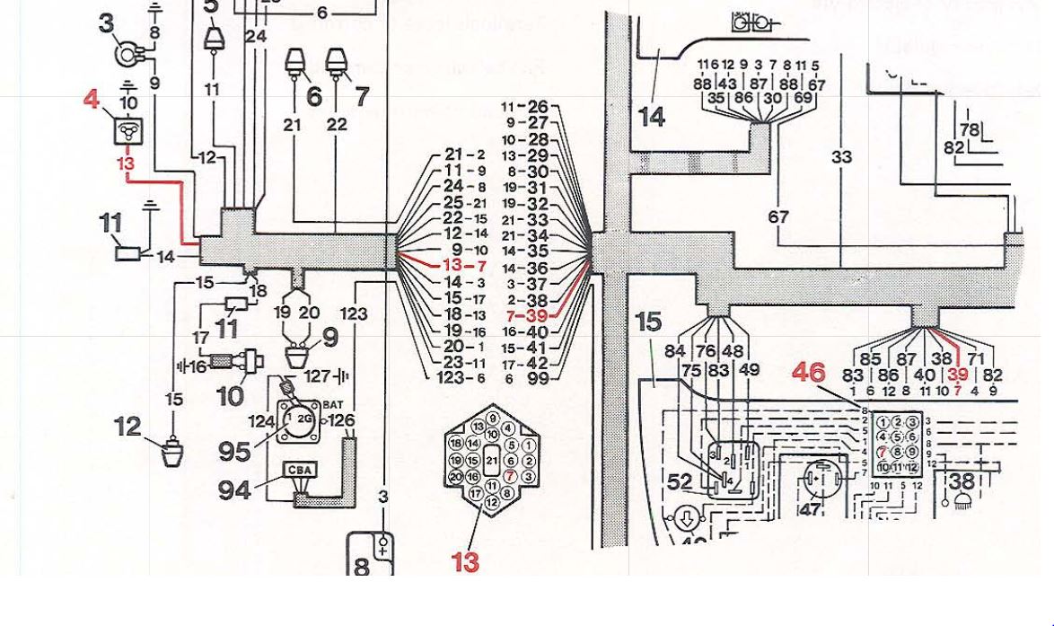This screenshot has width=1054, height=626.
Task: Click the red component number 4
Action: point(92,99)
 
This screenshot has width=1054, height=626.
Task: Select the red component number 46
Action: point(809,372)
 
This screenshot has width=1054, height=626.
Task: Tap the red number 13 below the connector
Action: point(465,562)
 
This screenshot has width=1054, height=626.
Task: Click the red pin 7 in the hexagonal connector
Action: point(510,476)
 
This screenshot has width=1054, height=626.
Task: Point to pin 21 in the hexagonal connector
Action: point(490,460)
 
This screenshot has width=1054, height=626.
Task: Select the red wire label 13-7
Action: point(464,267)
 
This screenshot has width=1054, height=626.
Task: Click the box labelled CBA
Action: point(299,470)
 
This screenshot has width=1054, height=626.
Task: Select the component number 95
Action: point(235,451)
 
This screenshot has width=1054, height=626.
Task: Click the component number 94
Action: point(235,490)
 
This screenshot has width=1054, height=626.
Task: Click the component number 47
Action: point(811,509)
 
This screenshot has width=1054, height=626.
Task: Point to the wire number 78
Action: point(970,131)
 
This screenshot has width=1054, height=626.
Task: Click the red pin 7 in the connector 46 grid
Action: point(885,452)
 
